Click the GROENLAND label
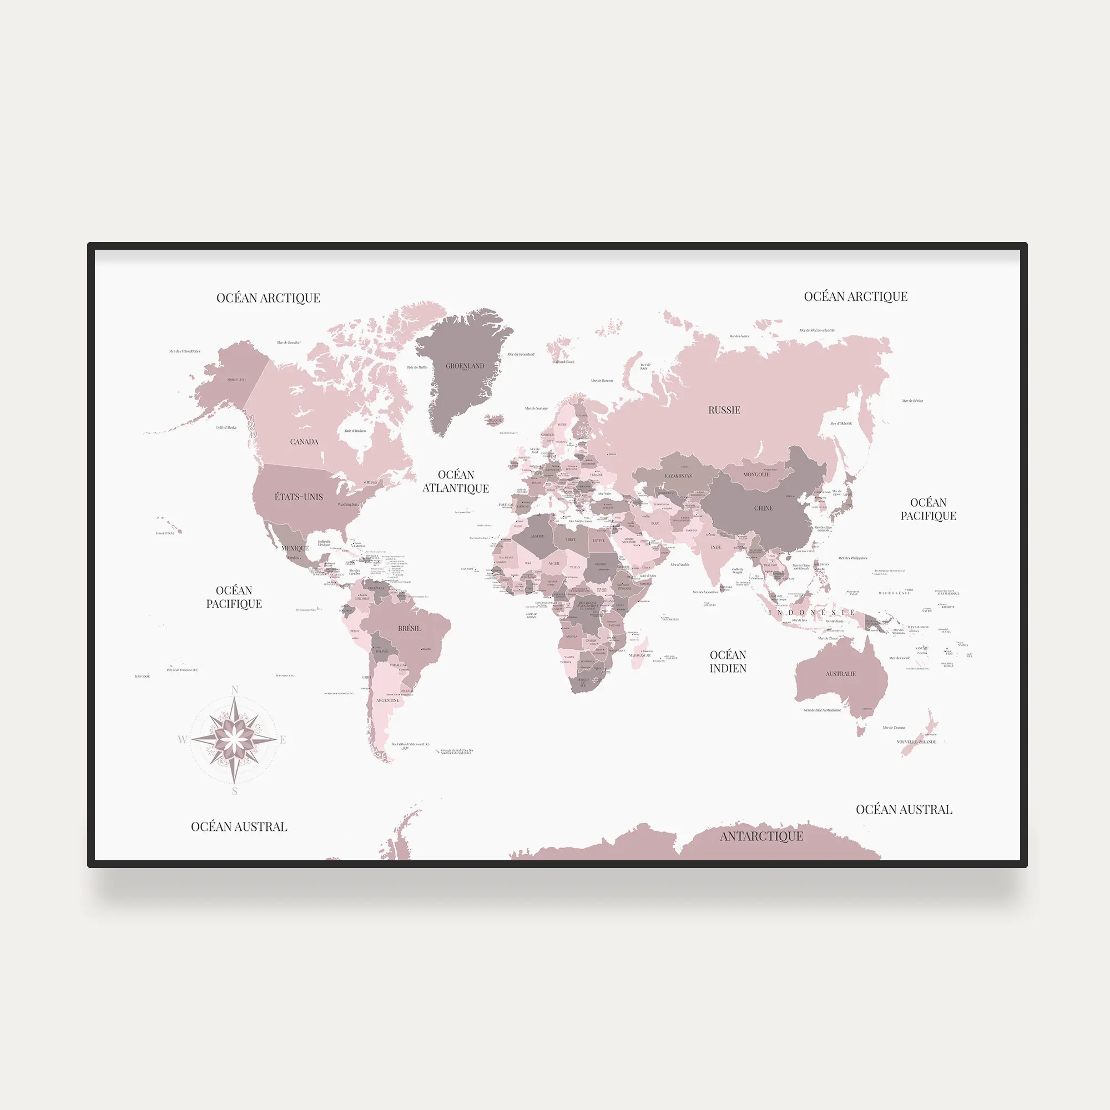(x=465, y=366)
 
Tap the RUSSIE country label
(x=724, y=410)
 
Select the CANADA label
(x=304, y=442)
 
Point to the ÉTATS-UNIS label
(x=299, y=497)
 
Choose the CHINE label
(x=763, y=508)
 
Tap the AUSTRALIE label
(x=840, y=674)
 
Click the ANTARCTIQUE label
(x=761, y=836)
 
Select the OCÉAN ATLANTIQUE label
(x=456, y=481)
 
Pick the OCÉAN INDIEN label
(x=728, y=662)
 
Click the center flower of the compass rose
(x=234, y=740)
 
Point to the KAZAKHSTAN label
(x=678, y=476)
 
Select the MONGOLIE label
(x=756, y=475)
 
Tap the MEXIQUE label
(x=295, y=548)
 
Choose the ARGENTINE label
(x=387, y=700)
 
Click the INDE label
(x=716, y=548)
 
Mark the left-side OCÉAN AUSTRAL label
(x=239, y=827)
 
